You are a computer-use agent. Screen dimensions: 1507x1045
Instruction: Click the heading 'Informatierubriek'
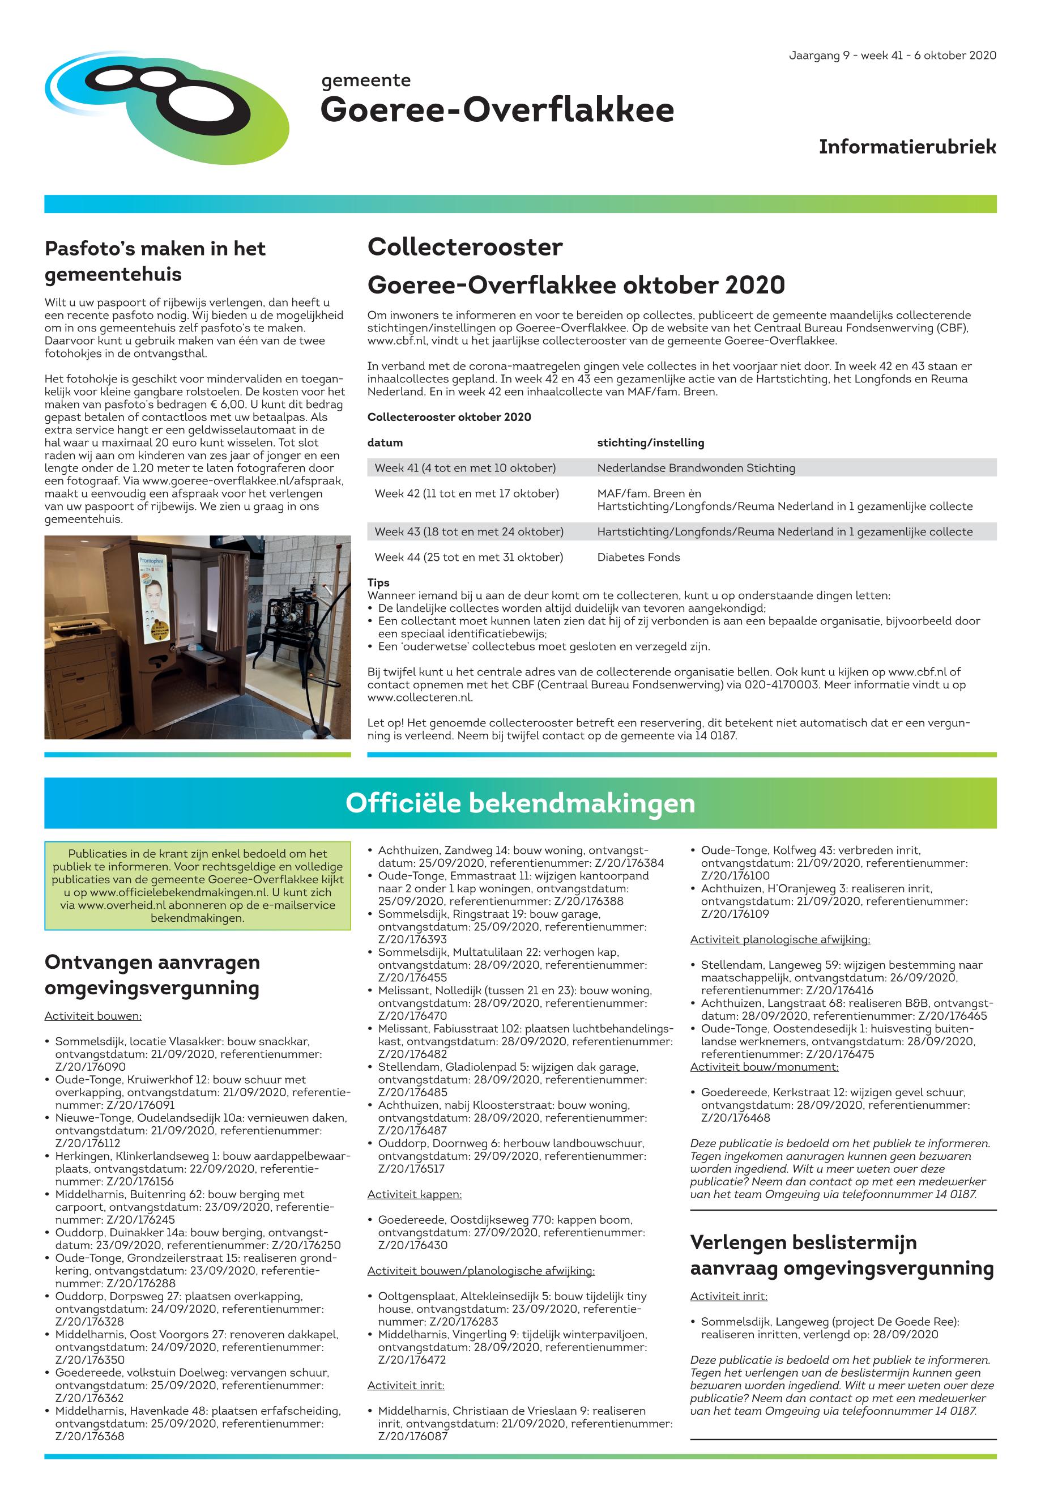point(907,147)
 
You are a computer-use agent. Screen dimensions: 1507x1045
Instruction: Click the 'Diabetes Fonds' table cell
point(638,557)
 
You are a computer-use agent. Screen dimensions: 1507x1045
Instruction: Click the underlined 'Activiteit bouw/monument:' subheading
point(764,1067)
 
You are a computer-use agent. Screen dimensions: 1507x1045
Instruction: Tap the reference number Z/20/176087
point(412,1436)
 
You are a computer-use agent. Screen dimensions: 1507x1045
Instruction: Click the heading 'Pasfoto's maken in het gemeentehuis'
point(155,261)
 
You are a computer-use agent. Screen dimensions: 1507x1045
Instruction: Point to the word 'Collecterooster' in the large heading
point(465,248)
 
